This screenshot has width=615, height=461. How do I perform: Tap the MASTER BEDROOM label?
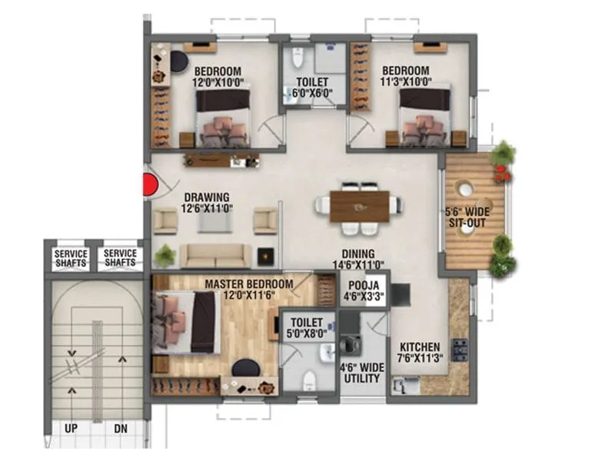click(248, 284)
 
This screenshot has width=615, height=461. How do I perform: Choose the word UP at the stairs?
click(71, 428)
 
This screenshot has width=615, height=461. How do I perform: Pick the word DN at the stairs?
click(120, 428)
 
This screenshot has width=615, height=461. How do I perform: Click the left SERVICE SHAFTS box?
click(71, 258)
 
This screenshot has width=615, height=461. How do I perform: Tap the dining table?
click(360, 206)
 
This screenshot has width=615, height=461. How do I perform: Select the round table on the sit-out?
click(466, 188)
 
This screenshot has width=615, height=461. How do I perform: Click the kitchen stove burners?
click(461, 349)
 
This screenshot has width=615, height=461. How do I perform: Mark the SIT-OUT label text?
click(467, 223)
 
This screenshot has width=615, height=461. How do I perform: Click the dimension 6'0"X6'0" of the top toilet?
click(312, 95)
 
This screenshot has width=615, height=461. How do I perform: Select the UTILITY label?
click(361, 378)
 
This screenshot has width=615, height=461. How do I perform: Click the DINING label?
click(358, 254)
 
